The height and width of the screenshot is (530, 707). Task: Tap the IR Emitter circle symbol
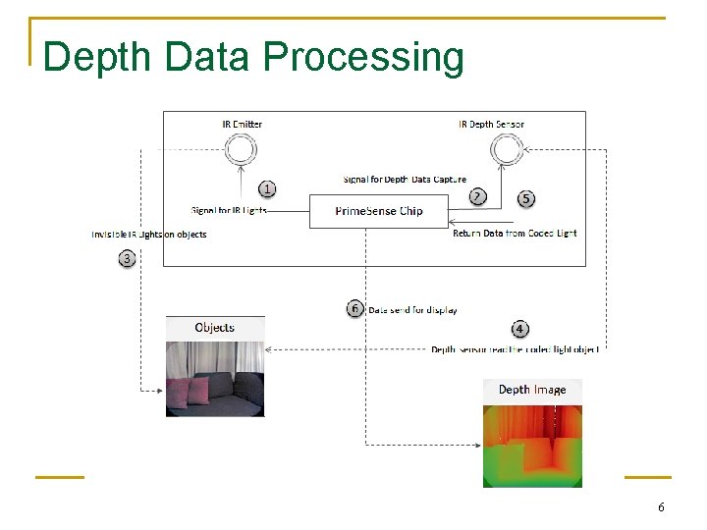[241, 150]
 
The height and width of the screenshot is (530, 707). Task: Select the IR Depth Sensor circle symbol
[507, 150]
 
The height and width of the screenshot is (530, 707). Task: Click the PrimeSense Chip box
[379, 211]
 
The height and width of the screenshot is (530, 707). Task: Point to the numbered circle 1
[267, 188]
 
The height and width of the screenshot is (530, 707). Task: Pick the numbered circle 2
[477, 196]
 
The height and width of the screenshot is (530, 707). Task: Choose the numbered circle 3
[127, 259]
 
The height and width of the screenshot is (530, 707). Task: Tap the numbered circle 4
[519, 330]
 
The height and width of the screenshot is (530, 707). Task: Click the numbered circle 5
[526, 198]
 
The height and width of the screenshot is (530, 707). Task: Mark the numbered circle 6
[355, 309]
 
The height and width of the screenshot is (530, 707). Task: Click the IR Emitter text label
[242, 125]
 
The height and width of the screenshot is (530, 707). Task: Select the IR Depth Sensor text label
[491, 125]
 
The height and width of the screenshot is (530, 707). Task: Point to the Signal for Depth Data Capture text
[405, 180]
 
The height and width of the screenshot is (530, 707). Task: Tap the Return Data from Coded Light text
[515, 234]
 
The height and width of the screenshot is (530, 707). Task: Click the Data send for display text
[412, 310]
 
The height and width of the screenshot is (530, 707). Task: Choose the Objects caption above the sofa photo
[215, 328]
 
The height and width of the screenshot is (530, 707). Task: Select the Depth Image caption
[532, 390]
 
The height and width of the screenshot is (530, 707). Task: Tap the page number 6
[661, 507]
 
